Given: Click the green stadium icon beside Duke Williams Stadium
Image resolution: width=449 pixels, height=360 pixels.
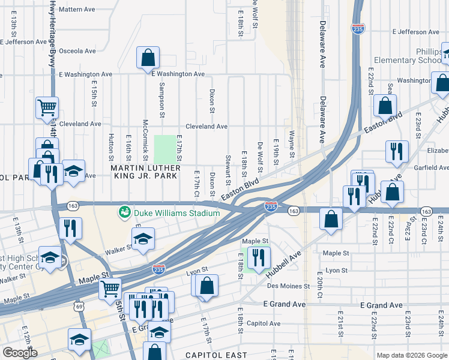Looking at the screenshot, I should tap(125, 212).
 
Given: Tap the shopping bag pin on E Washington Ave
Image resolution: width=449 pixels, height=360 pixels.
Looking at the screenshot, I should tap(148, 59).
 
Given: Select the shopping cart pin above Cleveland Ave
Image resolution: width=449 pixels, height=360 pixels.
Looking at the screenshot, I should tap(47, 108).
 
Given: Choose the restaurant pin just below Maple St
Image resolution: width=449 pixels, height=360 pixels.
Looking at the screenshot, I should tap(259, 258).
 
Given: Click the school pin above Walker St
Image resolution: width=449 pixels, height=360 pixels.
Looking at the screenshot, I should tap(143, 239).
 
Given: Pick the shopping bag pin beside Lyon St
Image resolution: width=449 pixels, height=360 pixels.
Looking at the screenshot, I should tap(206, 286).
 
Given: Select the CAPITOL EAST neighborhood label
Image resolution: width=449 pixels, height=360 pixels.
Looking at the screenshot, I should tap(215, 355).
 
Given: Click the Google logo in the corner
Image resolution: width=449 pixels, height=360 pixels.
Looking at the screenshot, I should tap(20, 353).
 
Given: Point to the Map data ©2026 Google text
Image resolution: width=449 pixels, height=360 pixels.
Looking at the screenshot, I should tap(411, 355).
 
